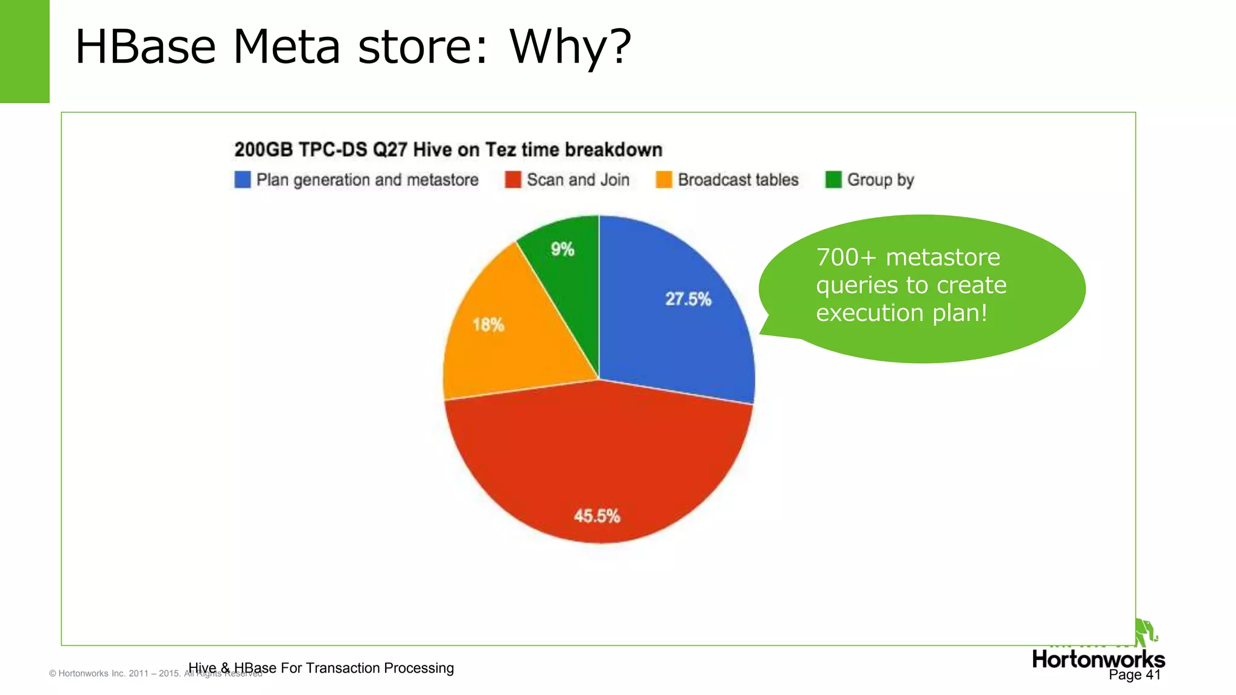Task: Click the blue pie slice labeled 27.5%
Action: coord(676,314)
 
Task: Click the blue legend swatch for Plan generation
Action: coord(243,180)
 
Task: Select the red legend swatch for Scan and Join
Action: coord(513,180)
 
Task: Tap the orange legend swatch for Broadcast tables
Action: coord(664,180)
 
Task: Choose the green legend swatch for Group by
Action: coord(833,180)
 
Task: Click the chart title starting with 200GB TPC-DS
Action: coord(448,150)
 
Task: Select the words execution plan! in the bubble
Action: coord(901,313)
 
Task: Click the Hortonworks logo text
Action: coord(1098,659)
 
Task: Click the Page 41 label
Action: coord(1135,675)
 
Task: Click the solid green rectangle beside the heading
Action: coord(24,51)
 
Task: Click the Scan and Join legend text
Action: coord(578,180)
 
